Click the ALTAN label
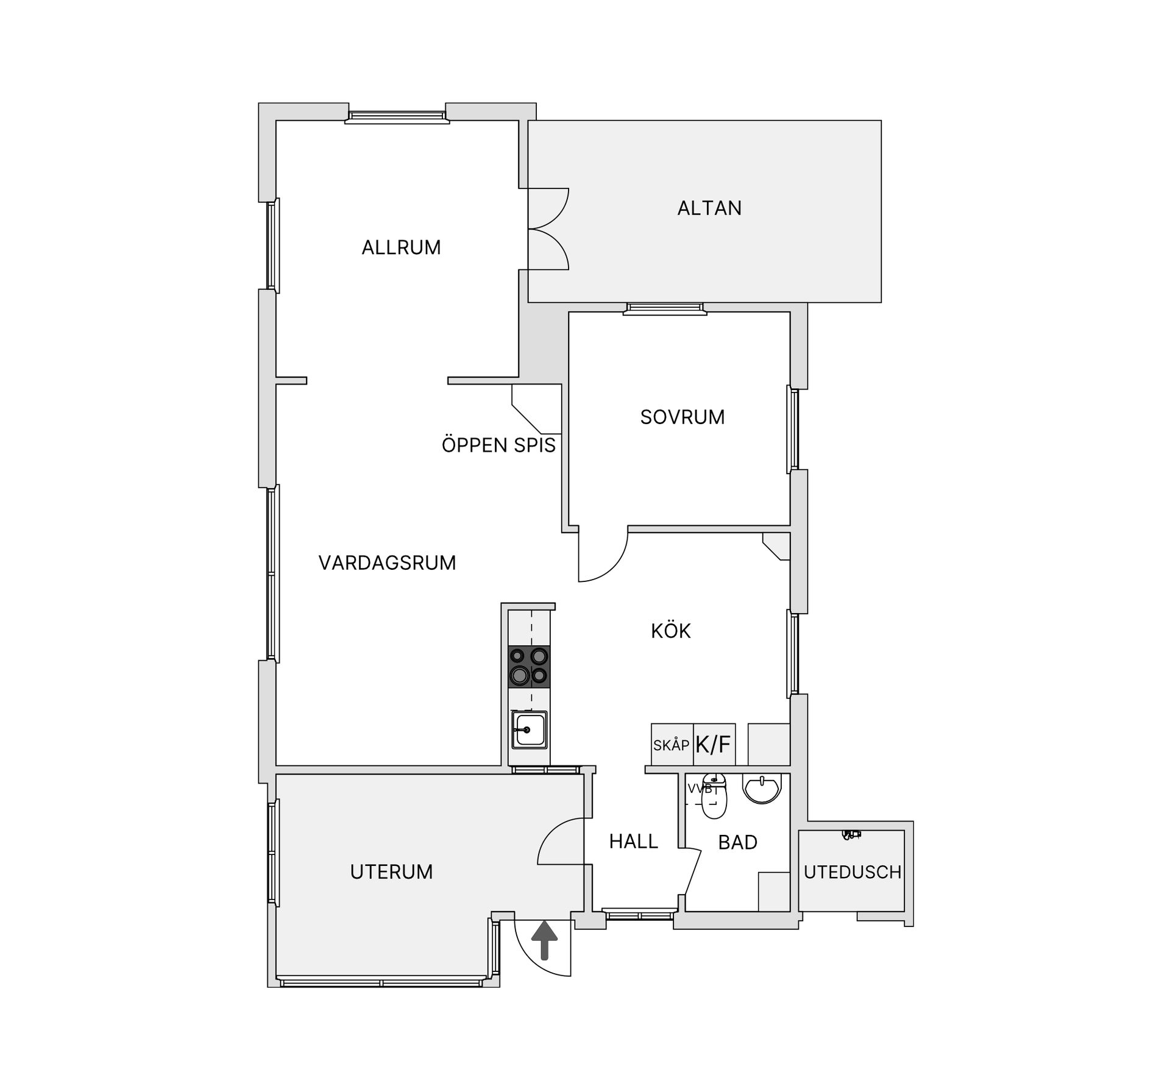[x=709, y=208]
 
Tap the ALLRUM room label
[x=401, y=247]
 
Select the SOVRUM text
[x=682, y=417]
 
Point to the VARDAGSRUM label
[x=387, y=562]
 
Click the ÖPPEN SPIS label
[x=498, y=445]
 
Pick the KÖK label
[x=671, y=630]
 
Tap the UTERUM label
[x=391, y=872]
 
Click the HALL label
[x=634, y=842]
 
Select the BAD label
[x=737, y=842]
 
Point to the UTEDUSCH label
[x=853, y=872]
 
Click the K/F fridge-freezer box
[x=714, y=744]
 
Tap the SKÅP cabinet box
[x=672, y=744]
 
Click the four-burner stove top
[x=529, y=667]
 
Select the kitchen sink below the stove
[x=529, y=730]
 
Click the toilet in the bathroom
[x=714, y=796]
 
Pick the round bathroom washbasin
[x=761, y=789]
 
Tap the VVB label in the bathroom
[x=700, y=789]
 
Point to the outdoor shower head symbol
[x=850, y=834]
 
